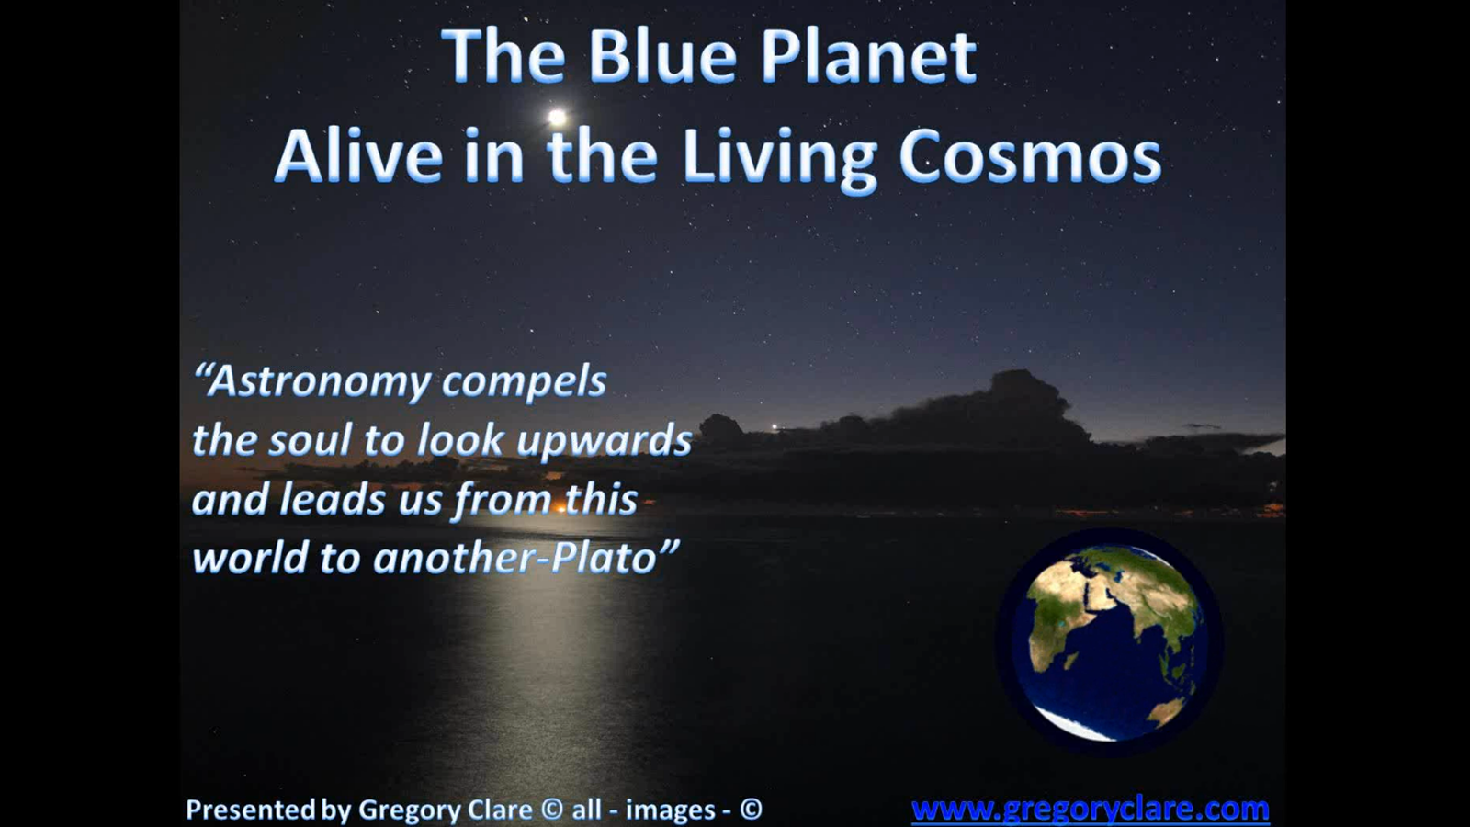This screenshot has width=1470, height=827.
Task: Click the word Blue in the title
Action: (661, 57)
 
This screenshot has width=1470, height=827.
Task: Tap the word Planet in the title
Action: (868, 57)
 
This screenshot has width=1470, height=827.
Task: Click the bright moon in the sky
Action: (557, 117)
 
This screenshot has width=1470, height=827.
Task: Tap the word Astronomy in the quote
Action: (308, 381)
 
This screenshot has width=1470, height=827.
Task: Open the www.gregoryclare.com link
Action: (1090, 809)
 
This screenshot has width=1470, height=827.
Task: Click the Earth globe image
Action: (1109, 642)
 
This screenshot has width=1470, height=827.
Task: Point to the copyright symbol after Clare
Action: (551, 810)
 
